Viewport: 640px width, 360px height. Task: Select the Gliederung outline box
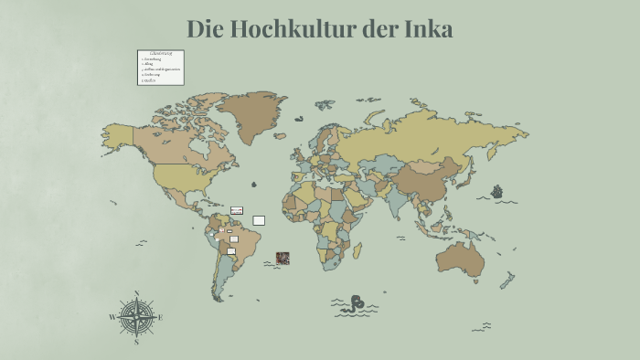pyautogui.click(x=161, y=68)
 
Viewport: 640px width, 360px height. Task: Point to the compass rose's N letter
pyautogui.click(x=136, y=294)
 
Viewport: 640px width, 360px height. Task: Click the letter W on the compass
pyautogui.click(x=112, y=318)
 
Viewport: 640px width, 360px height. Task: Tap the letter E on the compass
pyautogui.click(x=161, y=317)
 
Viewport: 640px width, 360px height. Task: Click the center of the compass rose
pyautogui.click(x=136, y=318)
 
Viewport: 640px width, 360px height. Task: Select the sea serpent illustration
pyautogui.click(x=354, y=305)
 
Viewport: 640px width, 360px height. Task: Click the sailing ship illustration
pyautogui.click(x=497, y=192)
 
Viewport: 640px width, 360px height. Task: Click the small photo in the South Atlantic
pyautogui.click(x=283, y=258)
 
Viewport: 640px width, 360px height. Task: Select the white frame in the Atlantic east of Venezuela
pyautogui.click(x=259, y=220)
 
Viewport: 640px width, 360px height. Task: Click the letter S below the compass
pyautogui.click(x=136, y=343)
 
